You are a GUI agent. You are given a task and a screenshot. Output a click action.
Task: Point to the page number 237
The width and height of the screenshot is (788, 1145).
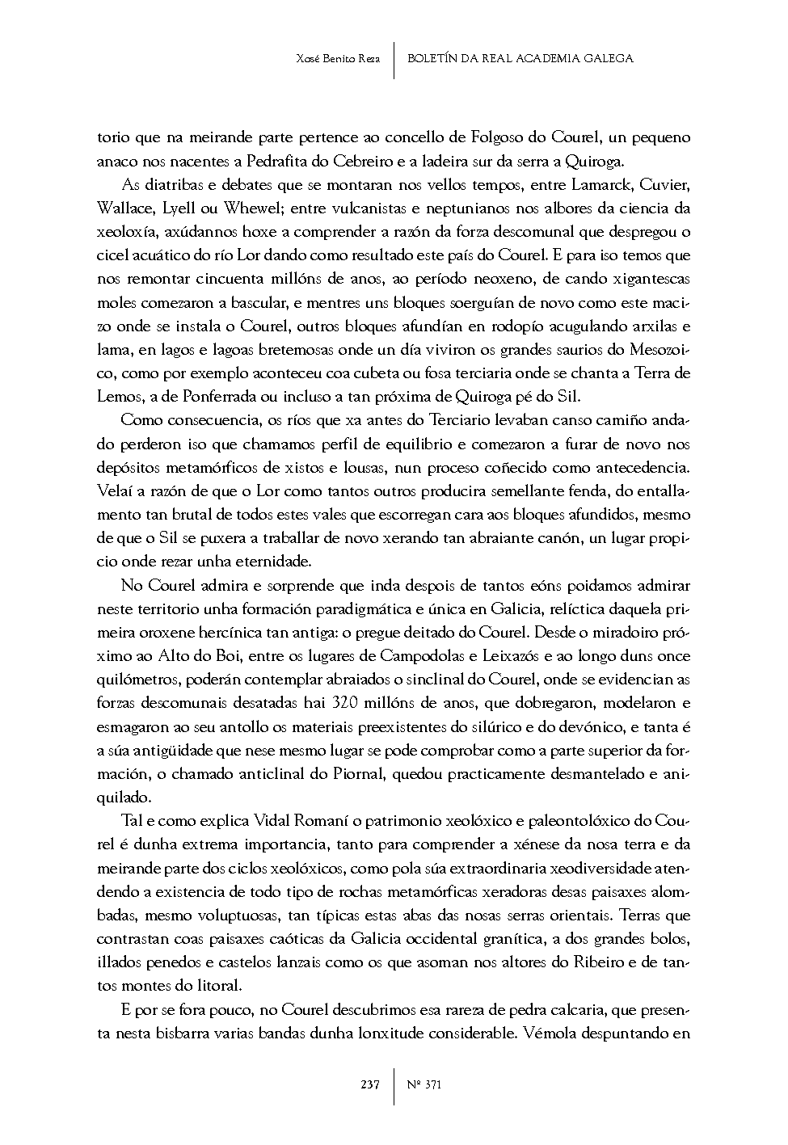point(370,1084)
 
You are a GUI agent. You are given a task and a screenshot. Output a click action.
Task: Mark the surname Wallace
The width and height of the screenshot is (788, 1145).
point(124,208)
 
